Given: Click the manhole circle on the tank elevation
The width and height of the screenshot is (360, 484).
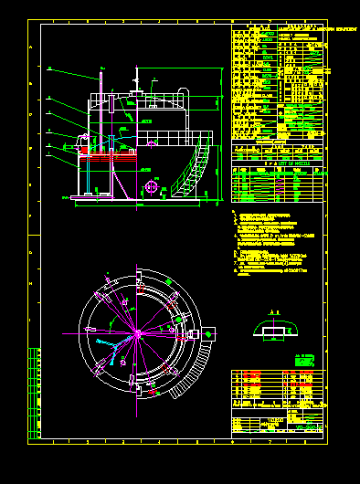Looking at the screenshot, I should [152, 187].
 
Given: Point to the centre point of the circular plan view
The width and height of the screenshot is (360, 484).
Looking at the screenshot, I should [137, 334].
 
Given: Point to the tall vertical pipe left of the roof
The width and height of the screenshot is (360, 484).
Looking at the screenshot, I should [98, 100].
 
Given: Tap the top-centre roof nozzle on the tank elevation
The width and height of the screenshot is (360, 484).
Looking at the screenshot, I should [137, 92].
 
